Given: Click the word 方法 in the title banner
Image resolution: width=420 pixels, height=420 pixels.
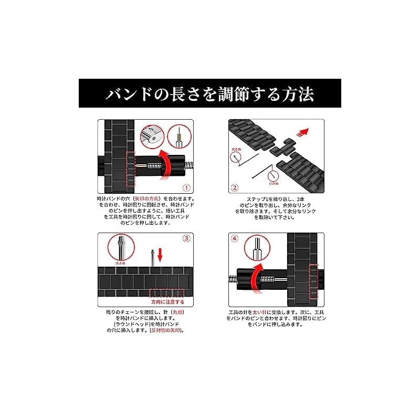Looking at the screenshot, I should (295, 94).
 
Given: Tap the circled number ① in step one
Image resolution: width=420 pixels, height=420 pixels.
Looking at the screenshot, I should (186, 187).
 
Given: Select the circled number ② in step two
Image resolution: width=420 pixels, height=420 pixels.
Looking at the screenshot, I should (235, 187).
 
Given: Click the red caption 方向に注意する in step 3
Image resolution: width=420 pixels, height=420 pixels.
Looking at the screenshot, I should (167, 303).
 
